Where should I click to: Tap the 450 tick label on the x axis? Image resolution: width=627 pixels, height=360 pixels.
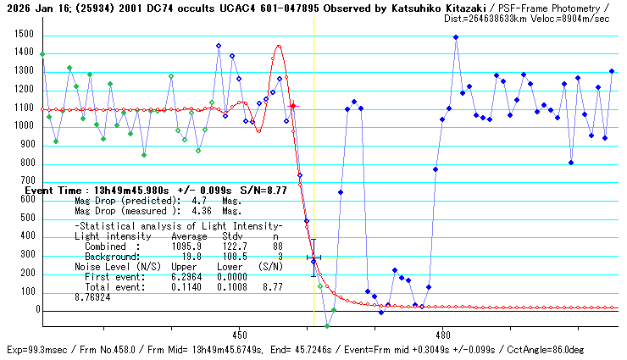[239, 333]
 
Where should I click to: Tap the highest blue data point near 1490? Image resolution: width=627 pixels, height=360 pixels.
[456, 37]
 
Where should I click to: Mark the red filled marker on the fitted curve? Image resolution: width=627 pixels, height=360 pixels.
[293, 106]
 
